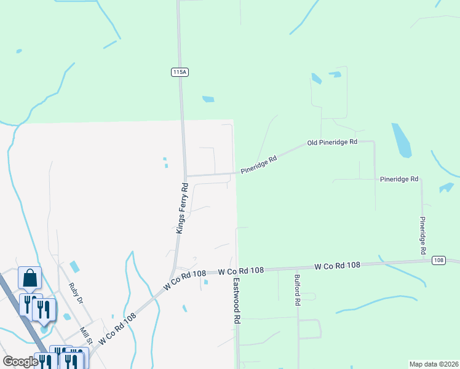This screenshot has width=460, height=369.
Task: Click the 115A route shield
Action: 179,73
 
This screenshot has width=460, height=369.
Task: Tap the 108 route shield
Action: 438,260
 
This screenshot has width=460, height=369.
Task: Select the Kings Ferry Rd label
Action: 181,208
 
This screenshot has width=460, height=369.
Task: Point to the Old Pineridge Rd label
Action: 332,143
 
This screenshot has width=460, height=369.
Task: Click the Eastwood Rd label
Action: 237,301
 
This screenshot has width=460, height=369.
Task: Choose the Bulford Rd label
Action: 297,290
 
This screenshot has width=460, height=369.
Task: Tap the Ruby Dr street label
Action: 76,293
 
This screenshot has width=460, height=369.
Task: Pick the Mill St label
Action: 85,336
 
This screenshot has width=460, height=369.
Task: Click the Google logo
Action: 20,362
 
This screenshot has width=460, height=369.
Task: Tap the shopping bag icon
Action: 30,279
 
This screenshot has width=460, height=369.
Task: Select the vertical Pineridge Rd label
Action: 422,236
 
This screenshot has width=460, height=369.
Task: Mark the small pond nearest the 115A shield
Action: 208,99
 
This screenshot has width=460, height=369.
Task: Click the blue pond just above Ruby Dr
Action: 74,267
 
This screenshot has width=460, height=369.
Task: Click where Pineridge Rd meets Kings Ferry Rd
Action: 186,177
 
